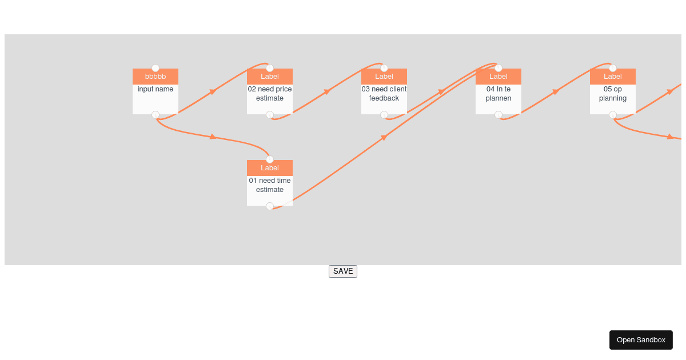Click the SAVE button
pos(342,271)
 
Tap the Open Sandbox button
pos(641,340)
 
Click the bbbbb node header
pos(155,77)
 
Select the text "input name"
pos(155,89)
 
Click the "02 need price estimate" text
pos(269,94)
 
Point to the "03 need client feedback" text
pos(384,94)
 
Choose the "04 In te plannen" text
pos(498,94)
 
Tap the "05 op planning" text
pos(612,94)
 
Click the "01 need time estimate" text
pos(269,185)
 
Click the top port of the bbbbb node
pos(155,68)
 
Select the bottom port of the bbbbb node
pos(155,115)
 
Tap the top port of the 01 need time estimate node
pos(269,159)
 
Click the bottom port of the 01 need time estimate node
pos(269,206)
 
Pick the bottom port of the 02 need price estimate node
pos(269,115)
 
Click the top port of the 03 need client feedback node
pos(384,68)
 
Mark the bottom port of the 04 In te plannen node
pos(498,115)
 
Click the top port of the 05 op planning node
pos(612,68)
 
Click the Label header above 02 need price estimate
pos(269,77)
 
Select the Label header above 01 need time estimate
pos(269,168)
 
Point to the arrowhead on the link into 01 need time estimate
pos(213,137)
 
